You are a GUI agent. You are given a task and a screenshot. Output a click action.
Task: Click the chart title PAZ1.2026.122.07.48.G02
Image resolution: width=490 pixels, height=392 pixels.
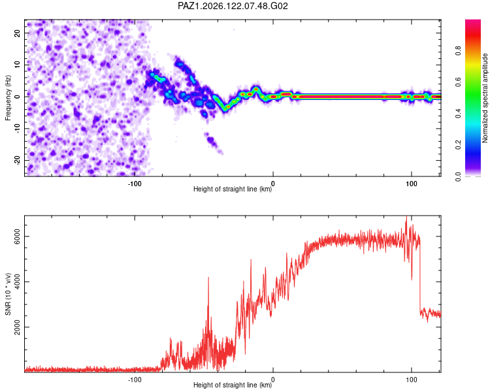pyautogui.click(x=233, y=6)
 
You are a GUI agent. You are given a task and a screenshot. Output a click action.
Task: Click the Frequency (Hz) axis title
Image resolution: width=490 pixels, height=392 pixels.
pyautogui.click(x=8, y=98)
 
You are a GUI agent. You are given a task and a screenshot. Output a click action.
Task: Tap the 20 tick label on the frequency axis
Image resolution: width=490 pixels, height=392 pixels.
pyautogui.click(x=18, y=33)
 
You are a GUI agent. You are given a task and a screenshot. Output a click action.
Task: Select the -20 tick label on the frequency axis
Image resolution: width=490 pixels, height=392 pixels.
pyautogui.click(x=18, y=160)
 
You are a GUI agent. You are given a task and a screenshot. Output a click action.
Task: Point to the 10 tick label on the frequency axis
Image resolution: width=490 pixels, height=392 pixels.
pyautogui.click(x=18, y=65)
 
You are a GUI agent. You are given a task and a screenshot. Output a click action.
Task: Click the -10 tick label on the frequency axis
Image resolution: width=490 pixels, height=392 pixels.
pyautogui.click(x=18, y=129)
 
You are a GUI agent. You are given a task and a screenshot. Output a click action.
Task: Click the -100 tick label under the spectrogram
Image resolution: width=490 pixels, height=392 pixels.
pyautogui.click(x=135, y=184)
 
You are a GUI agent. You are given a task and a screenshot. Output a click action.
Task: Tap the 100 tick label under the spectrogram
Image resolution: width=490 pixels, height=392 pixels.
pyautogui.click(x=412, y=184)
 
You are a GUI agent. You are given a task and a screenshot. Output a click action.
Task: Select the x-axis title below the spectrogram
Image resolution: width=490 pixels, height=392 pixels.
pyautogui.click(x=233, y=189)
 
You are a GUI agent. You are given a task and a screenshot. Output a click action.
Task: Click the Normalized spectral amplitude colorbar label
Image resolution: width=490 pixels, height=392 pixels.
pyautogui.click(x=485, y=98)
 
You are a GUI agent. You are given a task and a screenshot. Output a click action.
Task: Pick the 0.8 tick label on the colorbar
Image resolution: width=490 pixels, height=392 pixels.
pyautogui.click(x=458, y=50)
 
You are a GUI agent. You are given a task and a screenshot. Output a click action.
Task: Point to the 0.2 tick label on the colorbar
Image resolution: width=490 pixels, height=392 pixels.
pyautogui.click(x=458, y=145)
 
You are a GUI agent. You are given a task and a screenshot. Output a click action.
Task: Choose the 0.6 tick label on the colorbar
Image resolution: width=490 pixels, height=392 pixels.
pyautogui.click(x=458, y=82)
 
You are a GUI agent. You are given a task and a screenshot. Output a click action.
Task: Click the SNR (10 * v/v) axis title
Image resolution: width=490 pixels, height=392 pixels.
pyautogui.click(x=8, y=294)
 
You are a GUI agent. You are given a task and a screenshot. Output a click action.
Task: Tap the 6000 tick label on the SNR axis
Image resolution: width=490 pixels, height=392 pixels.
pyautogui.click(x=18, y=237)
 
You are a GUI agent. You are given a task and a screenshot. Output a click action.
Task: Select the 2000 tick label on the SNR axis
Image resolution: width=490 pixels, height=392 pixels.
pyautogui.click(x=18, y=327)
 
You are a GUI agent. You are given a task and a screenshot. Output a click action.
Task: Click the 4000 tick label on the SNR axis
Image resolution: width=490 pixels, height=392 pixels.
pyautogui.click(x=18, y=282)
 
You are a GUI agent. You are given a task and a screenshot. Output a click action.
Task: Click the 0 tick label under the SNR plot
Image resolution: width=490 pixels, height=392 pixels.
pyautogui.click(x=273, y=380)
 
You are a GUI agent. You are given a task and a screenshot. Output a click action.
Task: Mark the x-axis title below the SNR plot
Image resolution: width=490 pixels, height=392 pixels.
pyautogui.click(x=233, y=385)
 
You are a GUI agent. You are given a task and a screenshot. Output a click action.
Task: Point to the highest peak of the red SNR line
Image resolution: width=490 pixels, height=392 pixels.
pyautogui.click(x=406, y=216)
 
